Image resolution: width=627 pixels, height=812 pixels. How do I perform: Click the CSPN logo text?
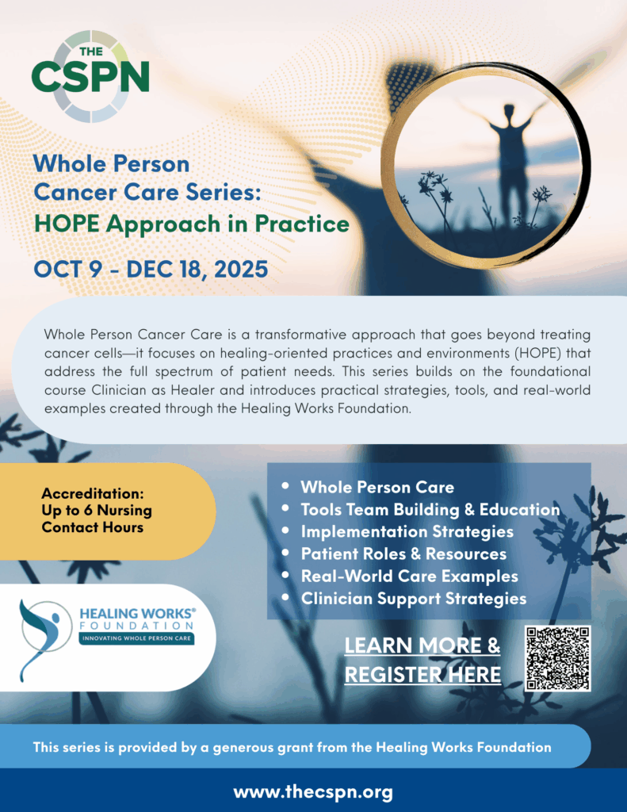[x=90, y=76]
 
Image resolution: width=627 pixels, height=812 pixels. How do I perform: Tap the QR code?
[x=557, y=658]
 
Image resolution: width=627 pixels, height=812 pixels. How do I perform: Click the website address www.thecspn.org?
[x=313, y=792]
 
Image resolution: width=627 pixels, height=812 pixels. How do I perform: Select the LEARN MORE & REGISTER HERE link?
[x=422, y=660]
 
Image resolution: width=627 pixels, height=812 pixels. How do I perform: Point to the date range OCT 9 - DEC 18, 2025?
[x=151, y=270]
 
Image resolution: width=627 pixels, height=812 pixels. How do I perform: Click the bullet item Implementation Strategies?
[x=407, y=532]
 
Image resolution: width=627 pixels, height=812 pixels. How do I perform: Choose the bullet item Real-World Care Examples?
[x=410, y=576]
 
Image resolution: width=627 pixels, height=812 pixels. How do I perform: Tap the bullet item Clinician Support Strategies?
[x=414, y=599]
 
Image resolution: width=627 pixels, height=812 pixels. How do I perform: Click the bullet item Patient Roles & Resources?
[x=403, y=554]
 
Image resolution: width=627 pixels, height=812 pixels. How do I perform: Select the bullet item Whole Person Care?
[x=377, y=488]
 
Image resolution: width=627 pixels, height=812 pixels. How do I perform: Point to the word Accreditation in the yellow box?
[x=93, y=493]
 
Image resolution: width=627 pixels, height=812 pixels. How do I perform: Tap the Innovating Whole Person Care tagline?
[x=136, y=638]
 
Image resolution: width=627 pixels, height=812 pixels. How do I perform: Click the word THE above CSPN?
[x=91, y=52]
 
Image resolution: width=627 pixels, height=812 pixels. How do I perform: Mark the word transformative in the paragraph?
[x=303, y=335]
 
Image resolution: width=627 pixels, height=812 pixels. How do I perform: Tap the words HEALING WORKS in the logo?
[x=137, y=614]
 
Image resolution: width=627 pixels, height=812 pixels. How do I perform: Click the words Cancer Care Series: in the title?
[x=147, y=193]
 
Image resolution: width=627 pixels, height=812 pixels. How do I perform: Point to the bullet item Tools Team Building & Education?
[x=430, y=510]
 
